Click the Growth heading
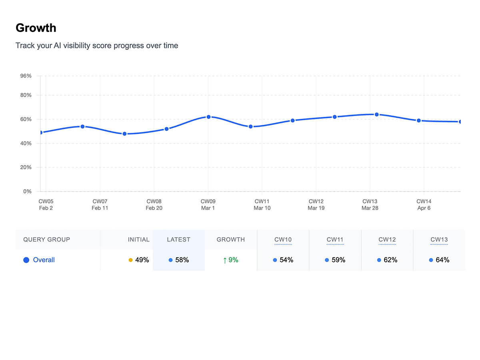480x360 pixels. pos(36,28)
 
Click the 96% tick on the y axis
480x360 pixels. pos(26,76)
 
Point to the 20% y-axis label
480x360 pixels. pos(26,167)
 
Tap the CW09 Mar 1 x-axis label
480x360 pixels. pos(208,204)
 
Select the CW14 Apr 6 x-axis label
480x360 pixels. pos(424,204)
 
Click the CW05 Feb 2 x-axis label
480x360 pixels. pos(46,204)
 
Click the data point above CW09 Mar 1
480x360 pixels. pos(208,117)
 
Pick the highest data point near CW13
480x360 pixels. pos(376,114)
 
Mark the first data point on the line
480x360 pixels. pos(41,132)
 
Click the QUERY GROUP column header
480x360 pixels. pos(46,240)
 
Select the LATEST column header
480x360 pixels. pos(178,240)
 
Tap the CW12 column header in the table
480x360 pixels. pos(387,240)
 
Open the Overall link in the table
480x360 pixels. pos(44,260)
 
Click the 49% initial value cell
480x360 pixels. pos(142,260)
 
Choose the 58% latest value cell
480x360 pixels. pos(182,260)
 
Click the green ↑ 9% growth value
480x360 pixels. pos(230,260)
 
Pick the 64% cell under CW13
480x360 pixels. pos(442,260)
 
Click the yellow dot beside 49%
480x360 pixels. pos(130,260)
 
